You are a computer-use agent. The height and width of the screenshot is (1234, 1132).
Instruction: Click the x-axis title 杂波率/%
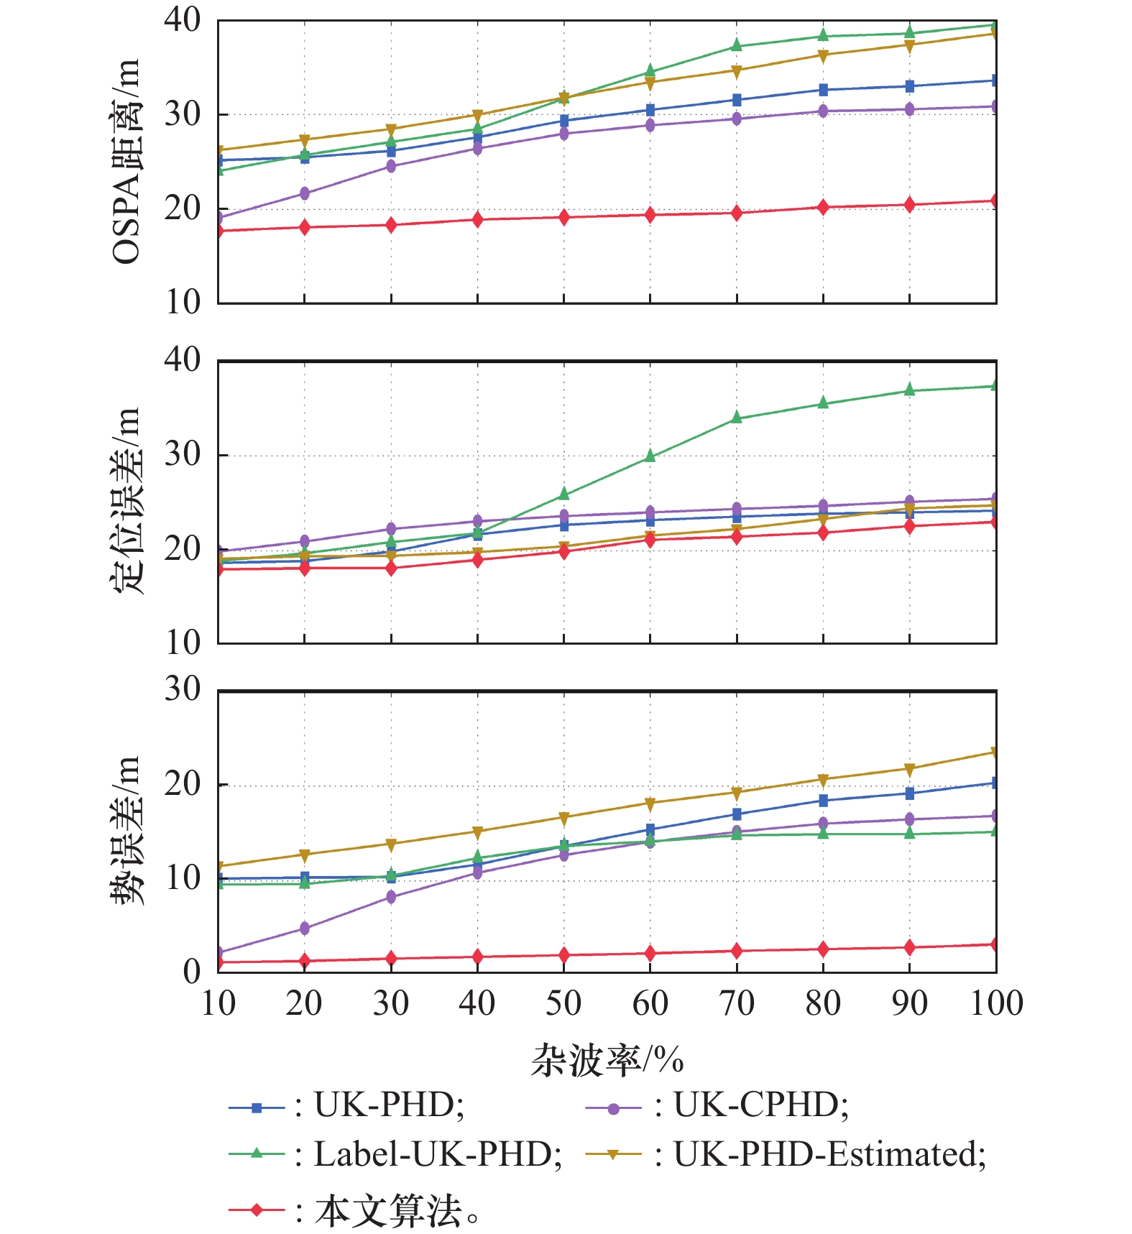607,1060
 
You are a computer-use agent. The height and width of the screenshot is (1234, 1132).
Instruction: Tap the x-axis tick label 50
563,1003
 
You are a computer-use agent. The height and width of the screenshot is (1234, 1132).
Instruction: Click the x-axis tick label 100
996,1003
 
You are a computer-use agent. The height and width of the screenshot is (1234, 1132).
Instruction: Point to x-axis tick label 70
737,1003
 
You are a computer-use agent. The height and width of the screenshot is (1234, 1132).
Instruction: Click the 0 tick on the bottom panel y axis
191,972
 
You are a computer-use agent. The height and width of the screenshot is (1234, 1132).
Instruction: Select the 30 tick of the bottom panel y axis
183,689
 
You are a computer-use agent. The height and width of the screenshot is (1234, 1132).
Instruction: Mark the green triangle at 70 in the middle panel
737,418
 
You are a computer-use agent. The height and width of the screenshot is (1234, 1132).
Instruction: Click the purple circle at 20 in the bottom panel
305,929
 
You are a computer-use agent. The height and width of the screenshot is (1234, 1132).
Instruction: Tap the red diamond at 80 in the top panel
823,208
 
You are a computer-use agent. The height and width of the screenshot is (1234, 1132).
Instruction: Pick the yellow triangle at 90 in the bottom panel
910,770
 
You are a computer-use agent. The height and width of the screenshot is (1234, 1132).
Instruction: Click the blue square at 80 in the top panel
823,90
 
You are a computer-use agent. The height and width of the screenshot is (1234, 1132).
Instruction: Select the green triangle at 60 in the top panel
650,71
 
